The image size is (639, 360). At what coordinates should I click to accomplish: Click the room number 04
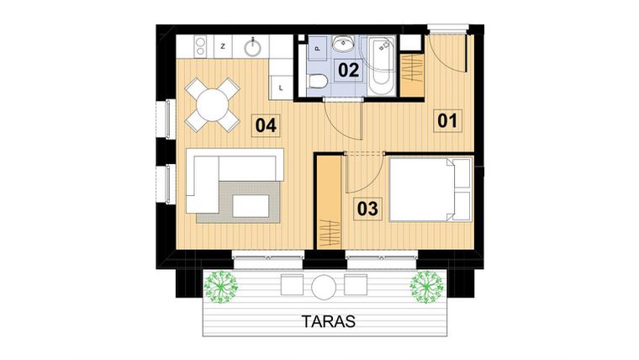tap(267, 125)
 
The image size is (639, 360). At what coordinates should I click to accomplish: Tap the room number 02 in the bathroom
tap(349, 69)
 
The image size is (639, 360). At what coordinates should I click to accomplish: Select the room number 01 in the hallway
tap(447, 120)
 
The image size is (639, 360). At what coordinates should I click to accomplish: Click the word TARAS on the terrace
tap(329, 320)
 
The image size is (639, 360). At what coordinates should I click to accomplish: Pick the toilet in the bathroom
tap(318, 82)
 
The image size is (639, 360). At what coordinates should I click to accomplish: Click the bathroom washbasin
tap(342, 44)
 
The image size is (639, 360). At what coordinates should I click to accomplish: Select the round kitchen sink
tap(254, 47)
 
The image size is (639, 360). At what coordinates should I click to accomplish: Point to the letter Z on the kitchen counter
tap(223, 47)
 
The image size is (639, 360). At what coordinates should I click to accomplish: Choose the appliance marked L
tap(280, 84)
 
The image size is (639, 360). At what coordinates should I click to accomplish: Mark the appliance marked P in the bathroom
tap(316, 49)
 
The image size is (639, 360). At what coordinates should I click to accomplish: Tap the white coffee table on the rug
tap(251, 204)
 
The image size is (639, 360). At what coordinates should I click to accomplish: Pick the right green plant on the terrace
tap(425, 287)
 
